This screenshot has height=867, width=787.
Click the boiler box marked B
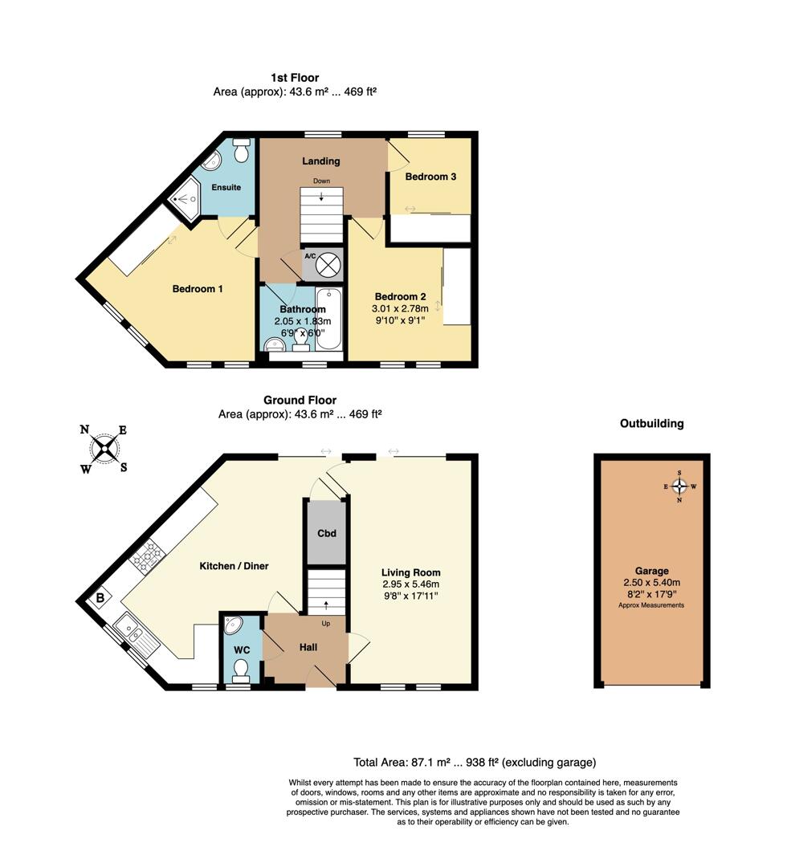coord(100,598)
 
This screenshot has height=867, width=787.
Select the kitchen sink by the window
coord(132,631)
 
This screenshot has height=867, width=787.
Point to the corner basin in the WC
coord(232,626)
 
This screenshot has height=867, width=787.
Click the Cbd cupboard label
coord(326,534)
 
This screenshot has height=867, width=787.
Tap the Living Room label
coord(410,572)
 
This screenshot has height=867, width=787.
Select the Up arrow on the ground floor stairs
coord(325,606)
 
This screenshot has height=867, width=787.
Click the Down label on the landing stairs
coord(321,181)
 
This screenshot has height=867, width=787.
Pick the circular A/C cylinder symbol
coord(327,264)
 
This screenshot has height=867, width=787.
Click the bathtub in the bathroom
coord(328,320)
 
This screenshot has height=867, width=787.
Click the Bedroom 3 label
coord(430,177)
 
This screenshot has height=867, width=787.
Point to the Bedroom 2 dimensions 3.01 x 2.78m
coord(398,308)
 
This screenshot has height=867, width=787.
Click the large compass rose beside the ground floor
coord(104,449)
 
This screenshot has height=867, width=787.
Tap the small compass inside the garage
coord(680,486)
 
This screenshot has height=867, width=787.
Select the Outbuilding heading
coord(651,424)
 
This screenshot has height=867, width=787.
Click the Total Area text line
coord(475,763)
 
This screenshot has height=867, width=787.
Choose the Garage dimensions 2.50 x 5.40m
coord(651,583)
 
